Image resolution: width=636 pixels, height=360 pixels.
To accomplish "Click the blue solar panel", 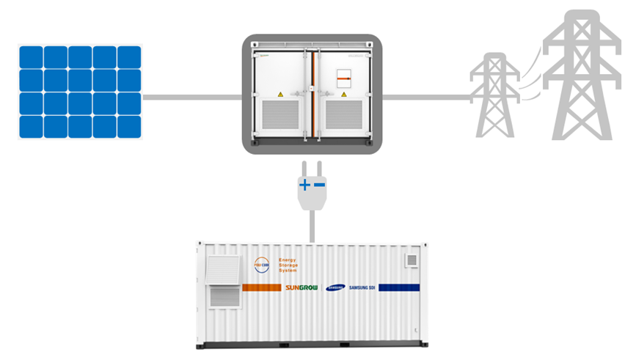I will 80,92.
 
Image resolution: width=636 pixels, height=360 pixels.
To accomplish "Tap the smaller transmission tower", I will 494,95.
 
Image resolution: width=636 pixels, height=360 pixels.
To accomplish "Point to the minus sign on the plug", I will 319,185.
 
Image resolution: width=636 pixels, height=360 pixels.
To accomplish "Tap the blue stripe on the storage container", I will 399,287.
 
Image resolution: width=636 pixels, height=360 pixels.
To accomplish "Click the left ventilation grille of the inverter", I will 279,120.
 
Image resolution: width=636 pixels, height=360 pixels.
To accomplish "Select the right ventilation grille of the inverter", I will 345,120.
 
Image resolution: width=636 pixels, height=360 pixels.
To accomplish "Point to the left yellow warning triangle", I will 279,95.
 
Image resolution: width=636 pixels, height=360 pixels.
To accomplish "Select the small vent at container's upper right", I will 412,259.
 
